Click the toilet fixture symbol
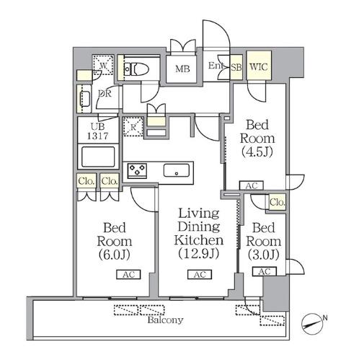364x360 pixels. (x=136, y=69)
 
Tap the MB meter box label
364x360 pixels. (x=182, y=69)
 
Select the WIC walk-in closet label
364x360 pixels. (x=259, y=66)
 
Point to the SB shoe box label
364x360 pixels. (x=236, y=67)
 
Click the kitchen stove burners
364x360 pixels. (x=137, y=170)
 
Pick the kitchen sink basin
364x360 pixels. (x=177, y=170)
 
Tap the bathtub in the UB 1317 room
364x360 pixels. (x=98, y=157)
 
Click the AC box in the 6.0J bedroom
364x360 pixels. (x=128, y=274)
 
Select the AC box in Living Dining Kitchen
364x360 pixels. (x=200, y=274)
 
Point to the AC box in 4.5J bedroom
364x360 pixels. (x=252, y=185)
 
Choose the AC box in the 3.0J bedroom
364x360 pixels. (x=265, y=271)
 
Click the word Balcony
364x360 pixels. (x=165, y=320)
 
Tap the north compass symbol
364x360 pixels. (x=311, y=324)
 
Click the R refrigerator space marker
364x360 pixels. (x=133, y=126)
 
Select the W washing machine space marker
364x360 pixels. (x=103, y=65)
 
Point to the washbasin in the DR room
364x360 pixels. (x=85, y=99)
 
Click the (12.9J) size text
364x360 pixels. (x=198, y=253)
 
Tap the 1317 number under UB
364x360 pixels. (x=97, y=136)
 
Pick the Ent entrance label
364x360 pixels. (x=216, y=66)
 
